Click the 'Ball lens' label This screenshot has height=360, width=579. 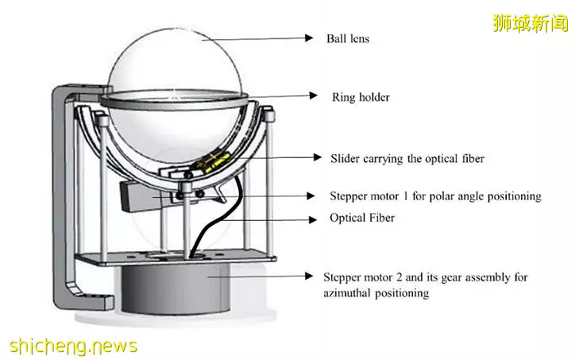pos(347,38)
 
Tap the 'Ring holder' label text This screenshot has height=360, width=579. pos(361,97)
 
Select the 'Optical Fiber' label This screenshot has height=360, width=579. pos(362,218)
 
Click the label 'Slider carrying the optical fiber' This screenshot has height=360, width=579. pos(407,159)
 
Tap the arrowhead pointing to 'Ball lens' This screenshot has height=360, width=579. pos(309,37)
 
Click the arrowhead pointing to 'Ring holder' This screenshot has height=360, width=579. pos(314,95)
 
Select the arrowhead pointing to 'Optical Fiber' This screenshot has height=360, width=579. pos(313,220)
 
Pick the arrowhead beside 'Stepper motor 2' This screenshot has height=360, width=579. pos(309,276)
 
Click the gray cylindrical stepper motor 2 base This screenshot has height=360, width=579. pos(176,288)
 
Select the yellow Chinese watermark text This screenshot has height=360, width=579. pos(531,23)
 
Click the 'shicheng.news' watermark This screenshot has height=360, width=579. pos(73,346)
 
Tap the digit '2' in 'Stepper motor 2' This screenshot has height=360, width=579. pos(400,277)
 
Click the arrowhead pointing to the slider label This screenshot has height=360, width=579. pos(317,157)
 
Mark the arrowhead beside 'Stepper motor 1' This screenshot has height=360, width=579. pos(311,195)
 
